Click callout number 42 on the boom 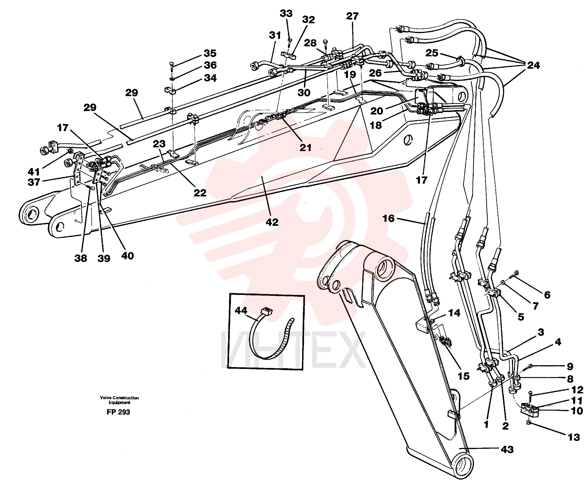click(272, 222)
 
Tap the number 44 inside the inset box click(241, 310)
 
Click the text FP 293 click(118, 412)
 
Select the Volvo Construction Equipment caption click(119, 400)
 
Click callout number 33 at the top click(286, 13)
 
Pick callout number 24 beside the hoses click(533, 65)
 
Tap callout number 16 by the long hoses click(389, 218)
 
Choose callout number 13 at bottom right click(574, 437)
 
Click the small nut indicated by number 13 click(529, 423)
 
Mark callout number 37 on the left click(34, 182)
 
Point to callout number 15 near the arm click(464, 376)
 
